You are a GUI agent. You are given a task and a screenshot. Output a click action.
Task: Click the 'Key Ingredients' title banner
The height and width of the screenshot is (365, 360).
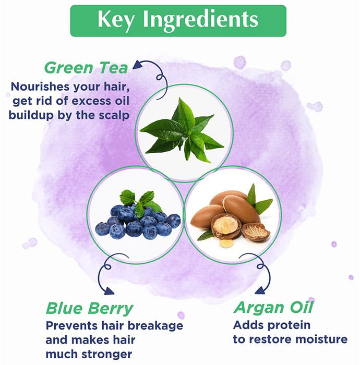[178, 21]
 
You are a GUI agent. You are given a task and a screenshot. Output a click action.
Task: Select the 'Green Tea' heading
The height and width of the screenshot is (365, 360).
[86, 68]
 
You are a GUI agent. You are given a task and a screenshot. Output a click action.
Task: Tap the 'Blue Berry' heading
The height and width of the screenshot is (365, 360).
[89, 308]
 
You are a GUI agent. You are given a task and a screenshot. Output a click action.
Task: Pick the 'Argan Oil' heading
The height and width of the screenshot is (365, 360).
[273, 308]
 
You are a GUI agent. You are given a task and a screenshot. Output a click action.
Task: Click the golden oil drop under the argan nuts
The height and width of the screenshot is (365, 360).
[226, 244]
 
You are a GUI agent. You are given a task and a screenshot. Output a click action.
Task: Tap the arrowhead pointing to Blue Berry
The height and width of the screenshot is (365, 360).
[109, 291]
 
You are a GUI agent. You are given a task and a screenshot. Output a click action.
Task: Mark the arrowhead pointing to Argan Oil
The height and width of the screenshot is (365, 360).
[260, 290]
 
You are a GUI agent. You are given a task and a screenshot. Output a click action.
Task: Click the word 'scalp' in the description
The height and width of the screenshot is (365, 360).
[114, 116]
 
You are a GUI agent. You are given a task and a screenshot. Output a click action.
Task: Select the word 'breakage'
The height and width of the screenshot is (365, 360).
[155, 326]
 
